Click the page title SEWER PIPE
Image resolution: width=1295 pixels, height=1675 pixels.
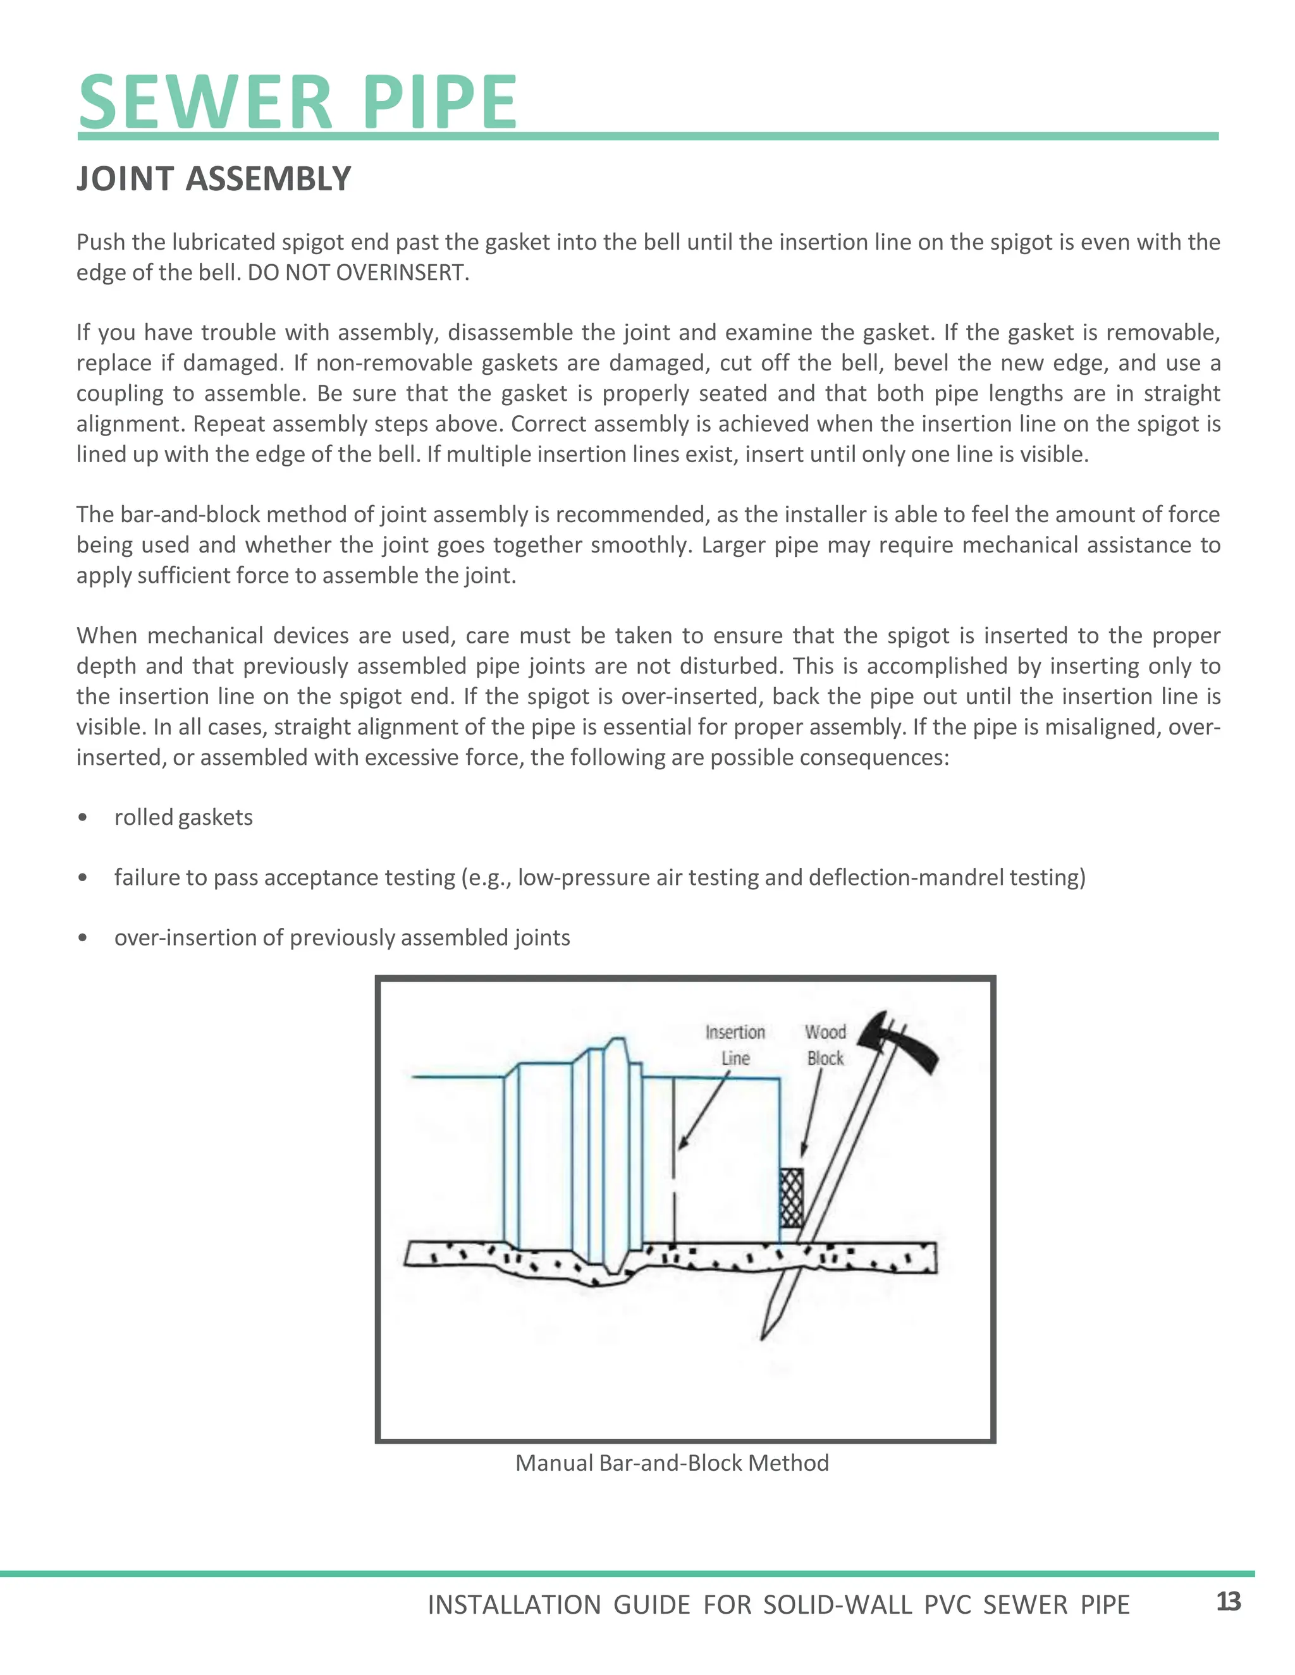[298, 103]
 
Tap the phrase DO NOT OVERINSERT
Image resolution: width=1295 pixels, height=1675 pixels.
[357, 273]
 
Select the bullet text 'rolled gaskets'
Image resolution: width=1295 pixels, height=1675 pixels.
[183, 817]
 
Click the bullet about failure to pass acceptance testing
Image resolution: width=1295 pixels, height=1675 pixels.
[599, 877]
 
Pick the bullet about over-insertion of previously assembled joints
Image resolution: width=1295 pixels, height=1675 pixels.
[341, 938]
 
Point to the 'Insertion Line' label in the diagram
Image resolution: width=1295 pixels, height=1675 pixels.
[735, 1045]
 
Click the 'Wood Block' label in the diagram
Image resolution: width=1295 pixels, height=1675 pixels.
[825, 1045]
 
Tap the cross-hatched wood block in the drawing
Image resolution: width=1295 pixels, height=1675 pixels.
[791, 1198]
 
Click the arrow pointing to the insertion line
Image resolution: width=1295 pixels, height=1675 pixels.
[702, 1111]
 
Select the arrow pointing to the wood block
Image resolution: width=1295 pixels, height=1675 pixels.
[812, 1112]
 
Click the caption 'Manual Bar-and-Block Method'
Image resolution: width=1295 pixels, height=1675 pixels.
[672, 1463]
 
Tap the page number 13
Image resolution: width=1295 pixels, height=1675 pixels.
[1228, 1602]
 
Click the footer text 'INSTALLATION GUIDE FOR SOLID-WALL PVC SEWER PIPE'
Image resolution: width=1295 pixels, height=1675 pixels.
[778, 1605]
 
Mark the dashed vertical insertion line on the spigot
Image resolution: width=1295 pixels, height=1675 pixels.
[673, 1166]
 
